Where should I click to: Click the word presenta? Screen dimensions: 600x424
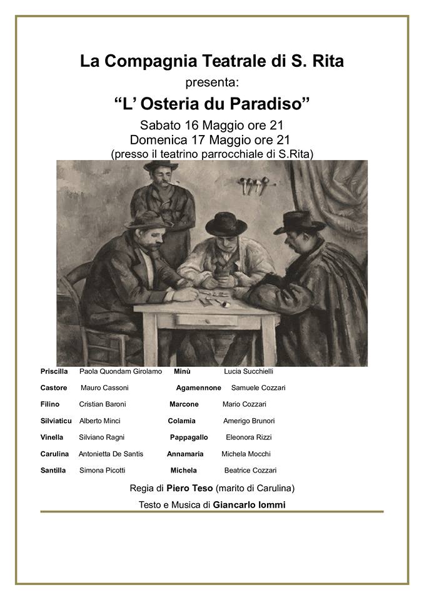[212, 82]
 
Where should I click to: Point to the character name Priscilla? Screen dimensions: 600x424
[54, 371]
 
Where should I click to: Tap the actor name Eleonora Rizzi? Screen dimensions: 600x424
[248, 437]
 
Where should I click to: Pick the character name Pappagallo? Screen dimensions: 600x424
[189, 437]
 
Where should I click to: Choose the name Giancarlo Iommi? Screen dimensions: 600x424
[249, 504]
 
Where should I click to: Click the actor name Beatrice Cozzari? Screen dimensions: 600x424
[250, 471]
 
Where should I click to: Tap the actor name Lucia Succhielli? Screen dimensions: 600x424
[248, 371]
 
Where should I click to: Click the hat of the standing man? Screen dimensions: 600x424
[161, 166]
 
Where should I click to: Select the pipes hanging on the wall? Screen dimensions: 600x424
[253, 184]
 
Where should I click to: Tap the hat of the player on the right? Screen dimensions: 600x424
[299, 222]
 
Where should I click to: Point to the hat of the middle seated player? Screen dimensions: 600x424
[226, 223]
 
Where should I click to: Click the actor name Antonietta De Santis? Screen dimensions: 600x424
[111, 454]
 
